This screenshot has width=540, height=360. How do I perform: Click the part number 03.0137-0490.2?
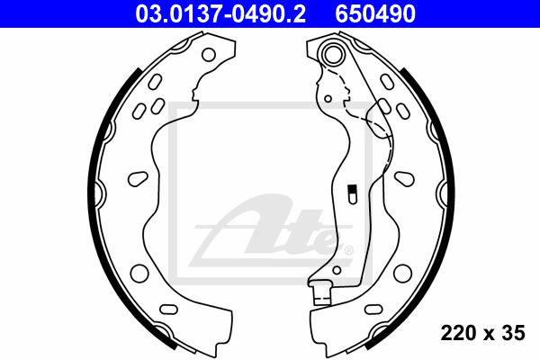click(x=220, y=13)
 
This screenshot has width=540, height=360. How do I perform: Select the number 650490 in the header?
click(x=375, y=13)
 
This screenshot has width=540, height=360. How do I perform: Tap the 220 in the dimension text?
click(x=456, y=333)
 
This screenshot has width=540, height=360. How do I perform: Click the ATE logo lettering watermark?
click(x=272, y=230)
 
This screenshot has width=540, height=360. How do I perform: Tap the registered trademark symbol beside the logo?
click(x=348, y=250)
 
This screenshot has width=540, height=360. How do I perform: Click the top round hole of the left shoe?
click(x=209, y=54)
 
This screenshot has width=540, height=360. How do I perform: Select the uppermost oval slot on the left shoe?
click(x=155, y=82)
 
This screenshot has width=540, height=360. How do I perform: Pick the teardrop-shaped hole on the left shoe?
click(x=138, y=178)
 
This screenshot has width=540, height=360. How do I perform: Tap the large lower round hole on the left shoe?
click(x=139, y=274)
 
